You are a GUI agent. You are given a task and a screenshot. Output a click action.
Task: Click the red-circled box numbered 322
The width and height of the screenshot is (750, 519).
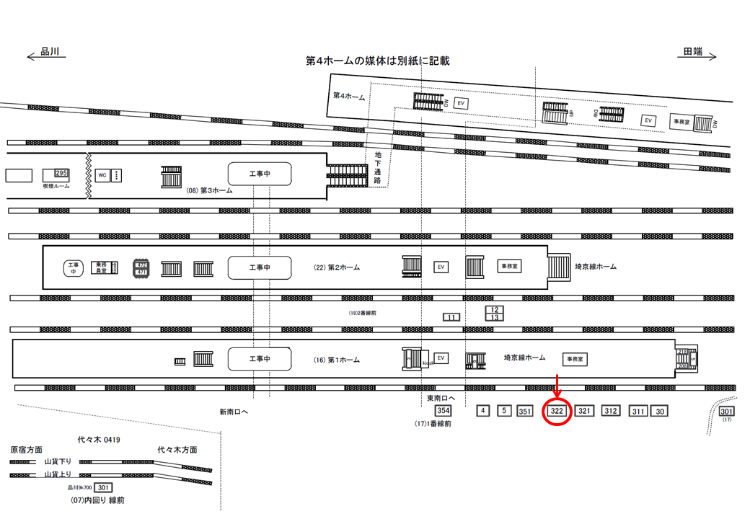tap(557, 411)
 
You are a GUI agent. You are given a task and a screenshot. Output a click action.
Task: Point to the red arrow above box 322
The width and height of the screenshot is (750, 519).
tap(557, 385)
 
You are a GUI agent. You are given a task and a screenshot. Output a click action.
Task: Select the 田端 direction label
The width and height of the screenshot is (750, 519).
tap(694, 52)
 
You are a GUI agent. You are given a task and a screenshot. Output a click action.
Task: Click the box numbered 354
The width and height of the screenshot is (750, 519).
tap(443, 411)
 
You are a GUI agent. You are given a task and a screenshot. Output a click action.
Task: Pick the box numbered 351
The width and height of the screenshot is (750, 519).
tap(525, 412)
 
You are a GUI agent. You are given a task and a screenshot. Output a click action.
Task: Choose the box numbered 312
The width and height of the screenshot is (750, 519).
tap(611, 411)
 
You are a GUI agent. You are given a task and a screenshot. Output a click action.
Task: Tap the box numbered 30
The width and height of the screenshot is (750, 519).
tap(660, 412)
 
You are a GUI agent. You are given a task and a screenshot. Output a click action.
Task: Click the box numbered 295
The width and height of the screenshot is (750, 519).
tap(61, 174)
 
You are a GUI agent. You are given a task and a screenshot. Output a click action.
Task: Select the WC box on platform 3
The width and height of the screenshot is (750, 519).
tap(102, 175)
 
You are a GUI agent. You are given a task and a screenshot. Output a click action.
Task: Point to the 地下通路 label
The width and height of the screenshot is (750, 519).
tap(378, 167)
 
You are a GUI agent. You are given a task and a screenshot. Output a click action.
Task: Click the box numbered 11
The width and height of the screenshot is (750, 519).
tap(451, 317)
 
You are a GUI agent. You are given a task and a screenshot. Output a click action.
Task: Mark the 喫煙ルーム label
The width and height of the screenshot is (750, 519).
tap(56, 185)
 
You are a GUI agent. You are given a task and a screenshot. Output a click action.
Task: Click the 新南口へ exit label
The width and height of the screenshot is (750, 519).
tap(234, 412)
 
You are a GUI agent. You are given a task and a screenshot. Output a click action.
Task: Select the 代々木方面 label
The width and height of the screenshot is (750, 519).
tap(177, 450)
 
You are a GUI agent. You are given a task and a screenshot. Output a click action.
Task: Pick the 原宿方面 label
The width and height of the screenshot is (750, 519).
tap(26, 449)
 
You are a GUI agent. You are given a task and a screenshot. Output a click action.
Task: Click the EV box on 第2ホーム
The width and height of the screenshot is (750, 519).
tap(440, 267)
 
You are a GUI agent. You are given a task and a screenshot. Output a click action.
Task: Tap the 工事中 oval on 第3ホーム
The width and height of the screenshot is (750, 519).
tap(260, 174)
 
